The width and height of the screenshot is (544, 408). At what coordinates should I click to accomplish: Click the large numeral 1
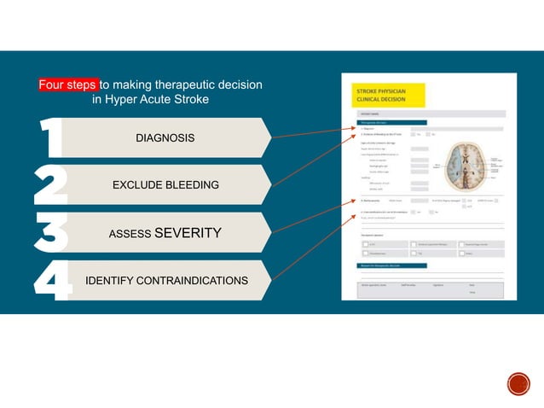tap(51, 138)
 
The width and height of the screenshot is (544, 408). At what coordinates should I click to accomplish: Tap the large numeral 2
tap(50, 185)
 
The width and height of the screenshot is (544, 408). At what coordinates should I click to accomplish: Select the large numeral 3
tap(50, 233)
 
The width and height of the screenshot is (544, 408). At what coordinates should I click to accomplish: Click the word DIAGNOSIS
tap(165, 138)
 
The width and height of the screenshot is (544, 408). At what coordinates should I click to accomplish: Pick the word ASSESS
tap(130, 233)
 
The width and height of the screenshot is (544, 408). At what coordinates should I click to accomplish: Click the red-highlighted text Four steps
tap(68, 85)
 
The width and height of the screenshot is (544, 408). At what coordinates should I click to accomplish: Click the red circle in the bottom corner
tap(518, 384)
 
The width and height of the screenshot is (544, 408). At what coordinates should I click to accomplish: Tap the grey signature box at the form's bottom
tap(421, 289)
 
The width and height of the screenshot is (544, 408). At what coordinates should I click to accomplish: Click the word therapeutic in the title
tap(180, 85)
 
